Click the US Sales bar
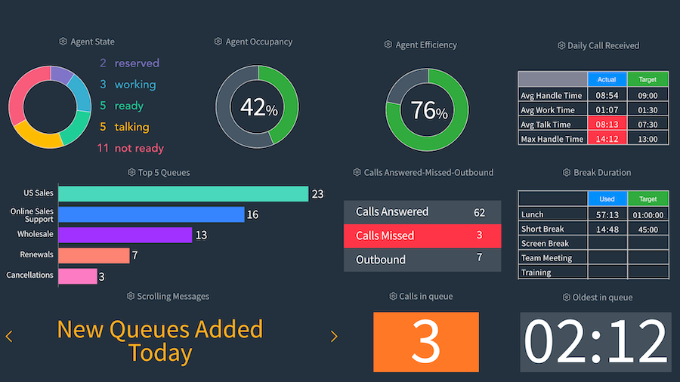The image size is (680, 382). [183, 194]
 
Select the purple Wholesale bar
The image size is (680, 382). [125, 236]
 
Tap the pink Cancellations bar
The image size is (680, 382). [77, 276]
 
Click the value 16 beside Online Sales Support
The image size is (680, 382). [252, 215]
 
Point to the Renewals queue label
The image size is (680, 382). [37, 255]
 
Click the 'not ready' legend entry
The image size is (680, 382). [131, 148]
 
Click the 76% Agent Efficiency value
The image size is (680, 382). [428, 111]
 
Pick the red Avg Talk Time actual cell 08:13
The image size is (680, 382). [607, 125]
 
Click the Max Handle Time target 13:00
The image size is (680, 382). [648, 139]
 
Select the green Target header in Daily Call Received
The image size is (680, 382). [648, 79]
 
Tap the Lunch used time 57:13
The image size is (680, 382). [607, 214]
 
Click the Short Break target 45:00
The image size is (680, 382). [648, 229]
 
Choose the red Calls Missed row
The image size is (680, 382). [422, 236]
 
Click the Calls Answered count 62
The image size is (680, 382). [479, 212]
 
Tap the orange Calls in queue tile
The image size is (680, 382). [426, 341]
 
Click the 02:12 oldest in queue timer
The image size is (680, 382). [595, 341]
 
